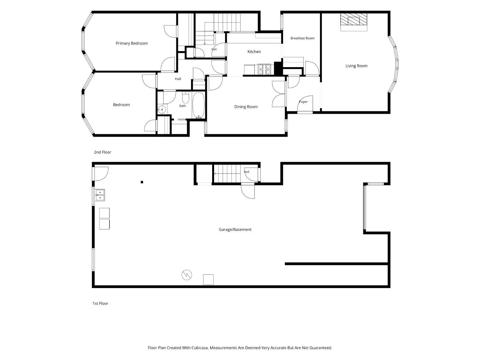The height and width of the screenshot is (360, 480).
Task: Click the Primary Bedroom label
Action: coord(132,43)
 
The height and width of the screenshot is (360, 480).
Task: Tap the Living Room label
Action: coord(356,66)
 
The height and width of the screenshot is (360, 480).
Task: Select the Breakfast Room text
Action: coord(302,38)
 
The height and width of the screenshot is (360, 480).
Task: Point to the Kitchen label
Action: coord(254,52)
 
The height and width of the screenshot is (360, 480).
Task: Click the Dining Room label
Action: coord(245,107)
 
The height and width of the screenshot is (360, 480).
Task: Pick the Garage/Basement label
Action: coord(235,229)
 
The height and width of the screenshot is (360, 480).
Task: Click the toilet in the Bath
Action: coord(185,98)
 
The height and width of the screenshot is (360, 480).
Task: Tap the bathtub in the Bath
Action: coord(198,105)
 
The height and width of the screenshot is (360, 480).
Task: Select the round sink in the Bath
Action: coord(162,109)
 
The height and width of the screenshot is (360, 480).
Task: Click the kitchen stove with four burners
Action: coord(264,69)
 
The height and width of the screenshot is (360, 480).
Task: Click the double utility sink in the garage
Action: coord(100,195)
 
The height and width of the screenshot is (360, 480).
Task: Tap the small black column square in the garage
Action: coord(142,182)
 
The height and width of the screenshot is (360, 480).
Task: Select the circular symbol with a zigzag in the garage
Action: coord(187,275)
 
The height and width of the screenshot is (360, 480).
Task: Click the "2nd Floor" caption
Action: coord(102,152)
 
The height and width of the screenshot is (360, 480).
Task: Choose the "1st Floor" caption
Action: coord(100,303)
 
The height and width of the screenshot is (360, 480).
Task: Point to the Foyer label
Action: coord(303,102)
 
